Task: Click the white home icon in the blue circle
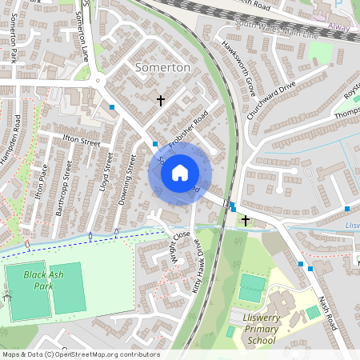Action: pyautogui.click(x=180, y=173)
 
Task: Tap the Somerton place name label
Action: pyautogui.click(x=163, y=68)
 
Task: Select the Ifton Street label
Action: pyautogui.click(x=82, y=142)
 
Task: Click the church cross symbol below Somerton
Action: pyautogui.click(x=161, y=101)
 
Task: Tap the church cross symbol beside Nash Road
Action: pyautogui.click(x=245, y=219)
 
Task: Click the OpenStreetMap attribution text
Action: pyautogui.click(x=81, y=354)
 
